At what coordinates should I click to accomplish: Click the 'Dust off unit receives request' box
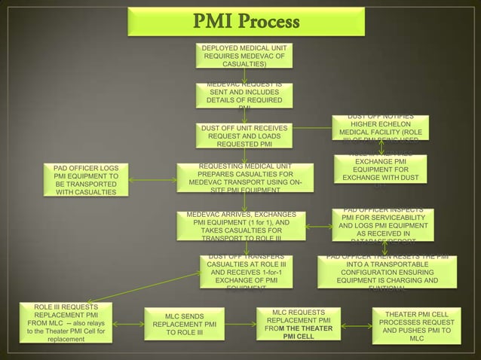pyautogui.click(x=244, y=136)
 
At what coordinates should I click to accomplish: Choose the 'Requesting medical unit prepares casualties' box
pyautogui.click(x=244, y=178)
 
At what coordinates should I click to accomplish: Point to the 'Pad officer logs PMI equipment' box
pyautogui.click(x=85, y=179)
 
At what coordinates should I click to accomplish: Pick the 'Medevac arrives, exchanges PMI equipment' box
pyautogui.click(x=244, y=226)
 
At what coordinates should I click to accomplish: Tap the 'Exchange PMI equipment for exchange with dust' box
pyautogui.click(x=380, y=169)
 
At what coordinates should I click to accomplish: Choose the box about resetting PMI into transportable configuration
pyautogui.click(x=387, y=271)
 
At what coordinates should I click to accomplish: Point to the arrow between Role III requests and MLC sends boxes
pyautogui.click(x=128, y=325)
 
